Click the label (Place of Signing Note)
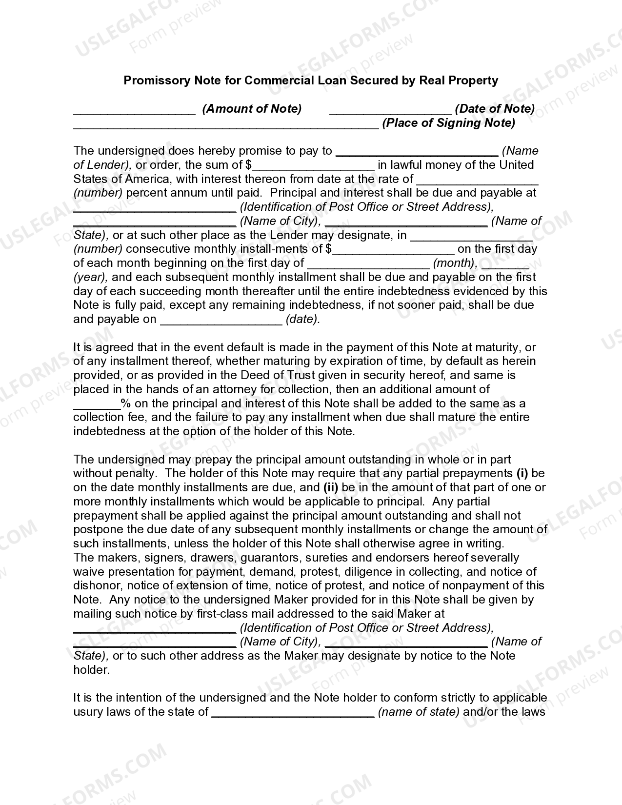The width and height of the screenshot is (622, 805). [x=448, y=123]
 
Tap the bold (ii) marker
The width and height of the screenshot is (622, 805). [x=330, y=487]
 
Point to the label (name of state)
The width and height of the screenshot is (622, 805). [x=419, y=712]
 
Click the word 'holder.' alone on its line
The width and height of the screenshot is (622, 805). [x=91, y=670]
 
